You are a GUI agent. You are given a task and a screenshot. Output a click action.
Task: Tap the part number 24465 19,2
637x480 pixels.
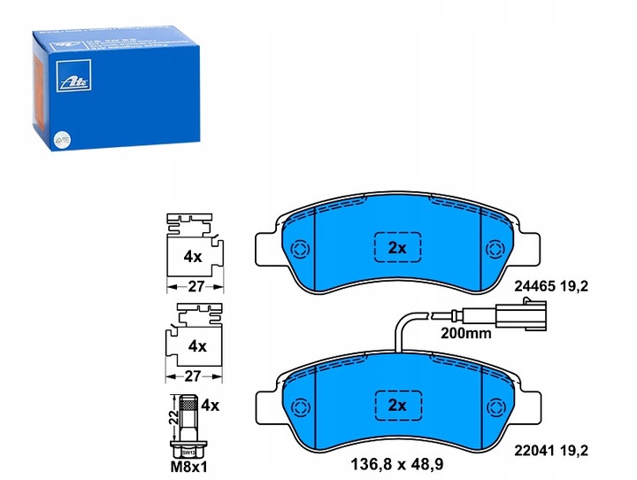574,287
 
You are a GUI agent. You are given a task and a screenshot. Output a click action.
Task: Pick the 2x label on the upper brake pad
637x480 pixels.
397,249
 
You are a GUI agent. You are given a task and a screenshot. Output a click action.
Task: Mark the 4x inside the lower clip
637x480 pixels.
197,346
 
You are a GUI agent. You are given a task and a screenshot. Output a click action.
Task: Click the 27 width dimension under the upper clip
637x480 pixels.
196,287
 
